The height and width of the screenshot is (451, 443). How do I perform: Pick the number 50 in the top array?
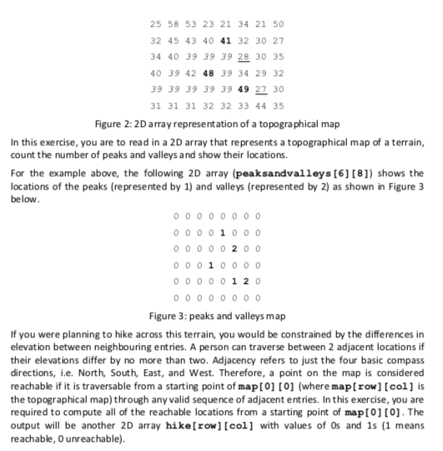278,23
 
